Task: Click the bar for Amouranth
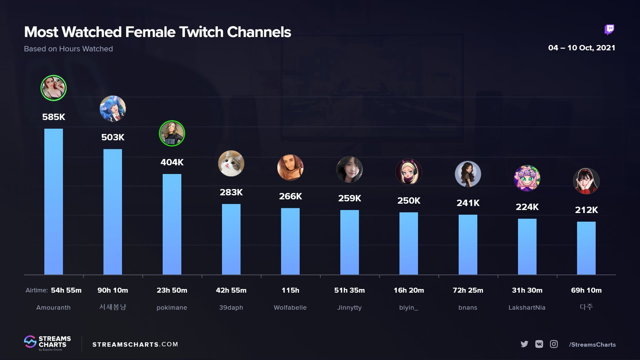click(53, 202)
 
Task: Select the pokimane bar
click(172, 224)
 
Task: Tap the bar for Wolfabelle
click(290, 241)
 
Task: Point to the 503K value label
click(113, 137)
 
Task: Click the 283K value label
click(231, 192)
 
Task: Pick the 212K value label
click(586, 210)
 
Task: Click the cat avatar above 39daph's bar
click(231, 163)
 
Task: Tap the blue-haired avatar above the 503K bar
click(113, 109)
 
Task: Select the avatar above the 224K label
click(527, 178)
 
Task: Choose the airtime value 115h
click(290, 290)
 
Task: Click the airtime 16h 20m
click(409, 290)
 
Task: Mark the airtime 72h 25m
click(468, 290)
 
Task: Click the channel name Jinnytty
click(349, 308)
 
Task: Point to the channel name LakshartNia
click(527, 308)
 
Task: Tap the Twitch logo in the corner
click(609, 30)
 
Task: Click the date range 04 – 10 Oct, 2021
click(581, 48)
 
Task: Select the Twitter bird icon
click(524, 344)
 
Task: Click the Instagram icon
click(554, 344)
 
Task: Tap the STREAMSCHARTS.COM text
click(135, 344)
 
